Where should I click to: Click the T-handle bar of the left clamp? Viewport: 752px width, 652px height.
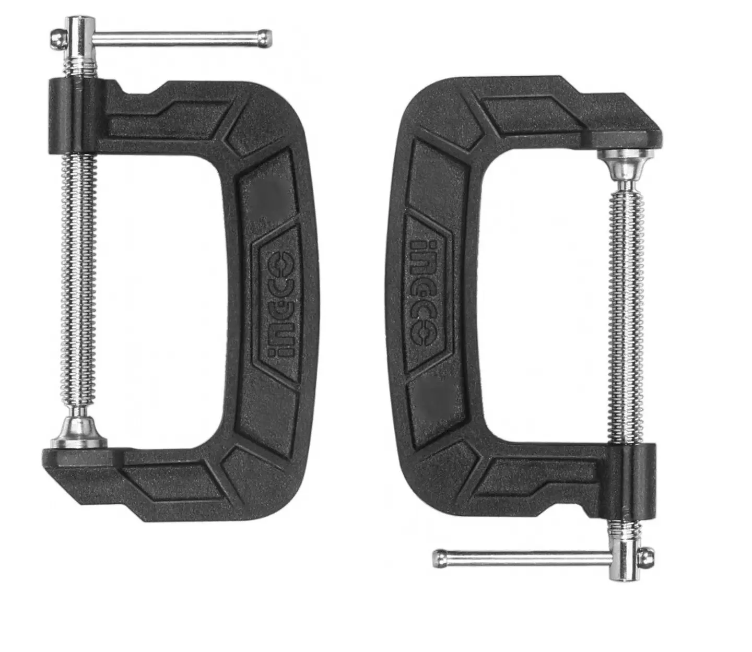(178, 38)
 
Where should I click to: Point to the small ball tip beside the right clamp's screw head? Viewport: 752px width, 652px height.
(648, 557)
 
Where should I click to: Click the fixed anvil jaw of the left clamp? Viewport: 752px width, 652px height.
(78, 459)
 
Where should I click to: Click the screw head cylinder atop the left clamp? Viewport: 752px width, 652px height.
(79, 37)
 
